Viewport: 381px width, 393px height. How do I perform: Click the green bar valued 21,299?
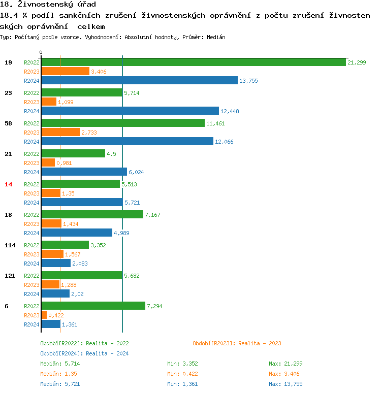click(x=193, y=62)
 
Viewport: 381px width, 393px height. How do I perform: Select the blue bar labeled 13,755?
click(x=139, y=80)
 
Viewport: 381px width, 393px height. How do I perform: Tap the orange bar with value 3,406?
click(x=65, y=71)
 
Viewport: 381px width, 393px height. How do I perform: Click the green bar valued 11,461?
click(x=122, y=123)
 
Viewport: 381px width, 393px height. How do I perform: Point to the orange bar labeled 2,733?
click(x=60, y=132)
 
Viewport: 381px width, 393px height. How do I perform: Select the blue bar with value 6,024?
click(x=84, y=172)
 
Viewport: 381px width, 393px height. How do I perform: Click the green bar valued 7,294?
click(x=93, y=306)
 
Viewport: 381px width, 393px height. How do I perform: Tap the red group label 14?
click(x=8, y=184)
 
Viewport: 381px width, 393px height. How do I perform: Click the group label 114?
click(x=10, y=245)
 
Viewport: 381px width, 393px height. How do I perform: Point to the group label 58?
click(x=8, y=123)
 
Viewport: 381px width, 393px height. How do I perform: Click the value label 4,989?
click(x=122, y=233)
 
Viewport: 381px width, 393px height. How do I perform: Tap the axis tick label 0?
click(x=41, y=52)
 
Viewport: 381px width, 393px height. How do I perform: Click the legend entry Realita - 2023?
click(x=237, y=344)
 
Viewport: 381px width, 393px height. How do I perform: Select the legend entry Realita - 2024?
click(x=84, y=353)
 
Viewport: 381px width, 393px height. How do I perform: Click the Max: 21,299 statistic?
click(x=285, y=364)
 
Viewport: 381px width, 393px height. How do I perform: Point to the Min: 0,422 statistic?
click(x=182, y=374)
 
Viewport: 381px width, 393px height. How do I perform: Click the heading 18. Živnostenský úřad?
click(x=48, y=5)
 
